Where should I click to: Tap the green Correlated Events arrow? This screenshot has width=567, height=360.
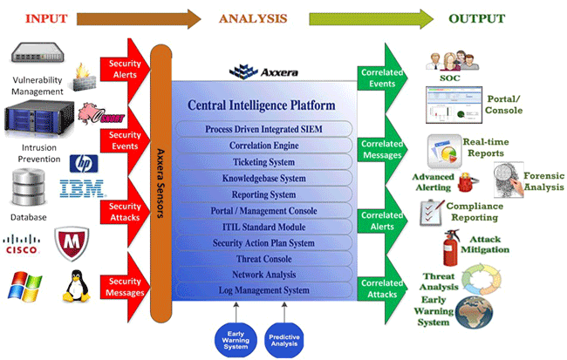381,76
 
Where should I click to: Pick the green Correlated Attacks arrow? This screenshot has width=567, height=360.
381,289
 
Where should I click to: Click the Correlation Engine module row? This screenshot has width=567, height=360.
263,146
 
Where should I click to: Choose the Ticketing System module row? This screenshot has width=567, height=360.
263,162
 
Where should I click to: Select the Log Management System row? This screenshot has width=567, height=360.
262,290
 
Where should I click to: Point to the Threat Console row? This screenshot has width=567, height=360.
263,258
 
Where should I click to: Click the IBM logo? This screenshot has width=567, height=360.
82,187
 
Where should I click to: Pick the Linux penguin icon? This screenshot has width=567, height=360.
76,286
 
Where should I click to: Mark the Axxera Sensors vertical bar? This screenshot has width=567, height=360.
161,174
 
